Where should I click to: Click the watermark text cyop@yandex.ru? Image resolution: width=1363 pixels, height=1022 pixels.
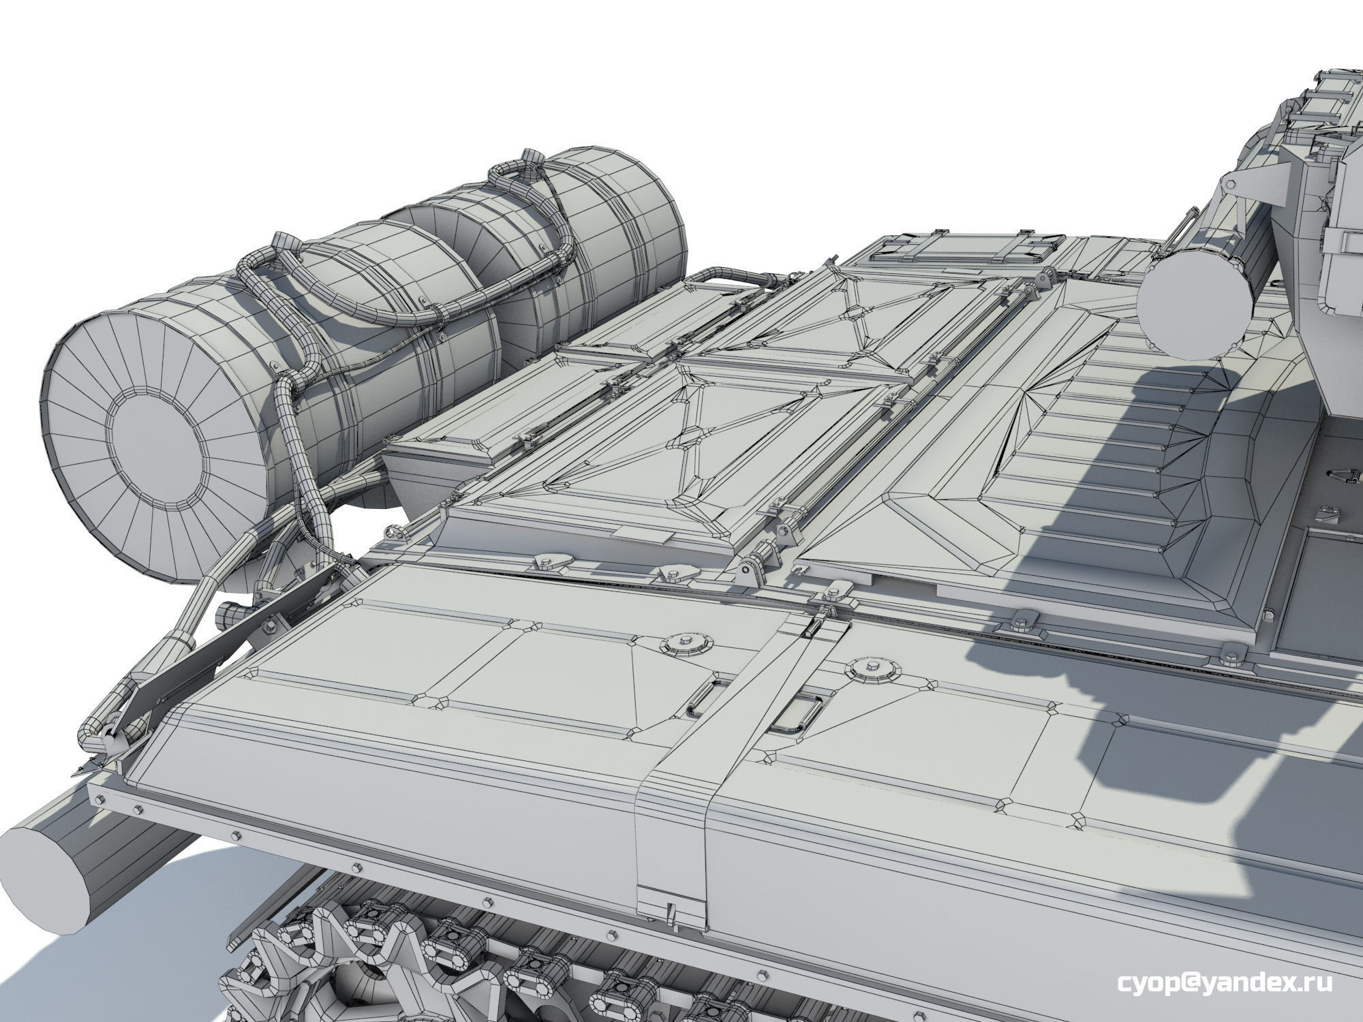pos(1224,983)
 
